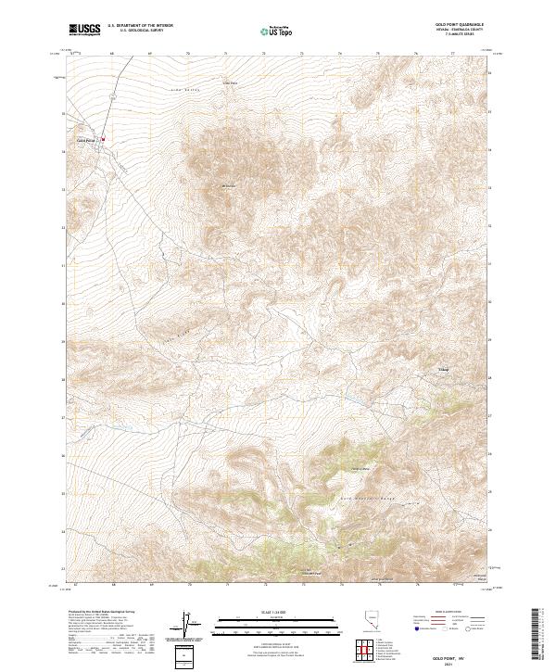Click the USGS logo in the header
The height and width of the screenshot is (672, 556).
tap(84, 30)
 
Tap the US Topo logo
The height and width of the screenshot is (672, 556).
tap(279, 31)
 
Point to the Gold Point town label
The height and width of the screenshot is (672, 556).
tap(85, 140)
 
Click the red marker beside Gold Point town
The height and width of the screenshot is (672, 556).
tap(102, 140)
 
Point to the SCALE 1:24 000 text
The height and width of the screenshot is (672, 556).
tap(278, 611)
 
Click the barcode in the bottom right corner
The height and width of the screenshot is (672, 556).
tap(541, 639)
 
